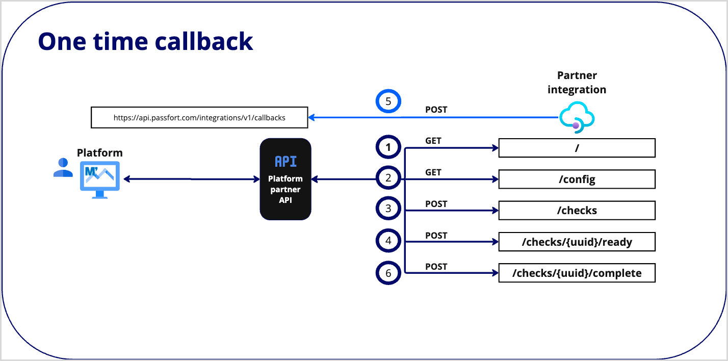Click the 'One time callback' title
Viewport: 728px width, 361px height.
coord(145,41)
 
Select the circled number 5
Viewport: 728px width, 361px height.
coord(388,101)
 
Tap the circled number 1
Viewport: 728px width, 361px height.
coord(388,148)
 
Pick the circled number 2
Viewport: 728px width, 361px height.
coord(388,178)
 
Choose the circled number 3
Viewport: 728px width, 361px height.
coord(388,209)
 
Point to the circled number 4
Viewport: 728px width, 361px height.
coord(388,241)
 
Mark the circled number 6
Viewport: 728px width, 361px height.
coord(388,273)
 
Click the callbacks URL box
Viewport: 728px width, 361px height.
coord(199,117)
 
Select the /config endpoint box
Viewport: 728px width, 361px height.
coord(577,179)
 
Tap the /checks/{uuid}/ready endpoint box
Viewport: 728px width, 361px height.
coord(577,242)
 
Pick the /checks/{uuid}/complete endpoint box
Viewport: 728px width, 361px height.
coord(577,273)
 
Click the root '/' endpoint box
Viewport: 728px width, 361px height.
coord(577,148)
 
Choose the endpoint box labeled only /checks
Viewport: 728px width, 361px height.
coord(577,210)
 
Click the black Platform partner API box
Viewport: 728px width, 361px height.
coord(285,179)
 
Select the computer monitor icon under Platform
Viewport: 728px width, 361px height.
coord(99,179)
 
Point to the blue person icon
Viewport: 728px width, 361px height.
coord(63,168)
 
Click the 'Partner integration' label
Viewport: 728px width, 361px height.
coord(577,83)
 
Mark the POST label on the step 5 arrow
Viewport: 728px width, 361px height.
coord(436,110)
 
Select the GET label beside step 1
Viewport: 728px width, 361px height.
coord(433,141)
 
